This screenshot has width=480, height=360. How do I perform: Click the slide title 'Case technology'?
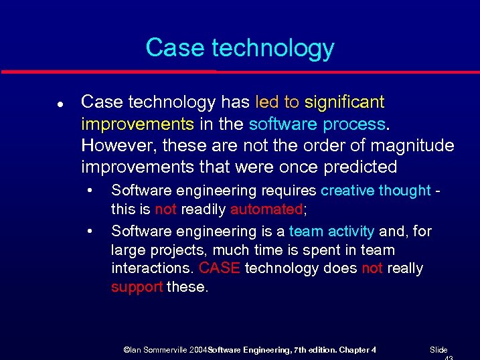tap(240, 48)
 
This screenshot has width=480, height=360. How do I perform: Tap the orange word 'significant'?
tap(344, 102)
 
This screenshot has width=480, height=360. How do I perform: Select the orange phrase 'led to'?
tap(277, 102)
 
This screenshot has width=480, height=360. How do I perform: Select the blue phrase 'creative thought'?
tap(375, 191)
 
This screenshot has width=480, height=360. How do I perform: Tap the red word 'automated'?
tap(266, 209)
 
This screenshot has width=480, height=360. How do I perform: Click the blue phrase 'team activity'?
tap(331, 232)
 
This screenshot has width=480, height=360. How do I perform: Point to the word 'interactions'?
tap(152, 268)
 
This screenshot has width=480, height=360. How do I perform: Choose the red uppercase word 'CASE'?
tap(220, 268)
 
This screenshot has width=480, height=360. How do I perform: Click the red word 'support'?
tap(137, 287)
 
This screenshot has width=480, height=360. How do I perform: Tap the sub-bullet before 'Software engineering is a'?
tap(90, 232)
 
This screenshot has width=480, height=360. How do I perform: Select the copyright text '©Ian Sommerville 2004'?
tap(165, 350)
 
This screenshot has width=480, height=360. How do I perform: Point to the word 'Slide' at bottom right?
tap(438, 350)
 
